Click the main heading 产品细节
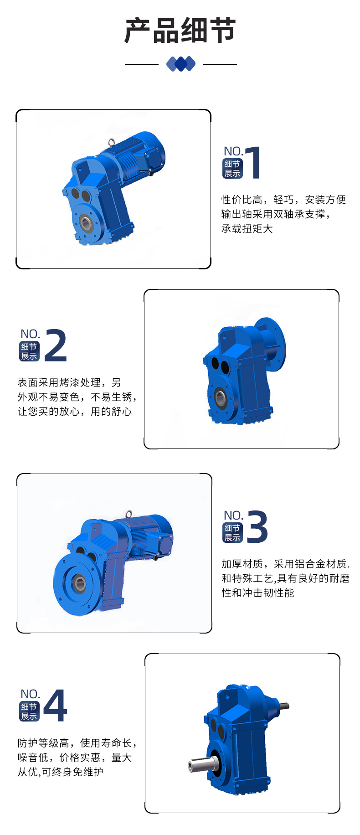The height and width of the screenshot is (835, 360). click(x=180, y=31)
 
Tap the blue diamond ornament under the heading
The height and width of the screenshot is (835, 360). click(x=180, y=64)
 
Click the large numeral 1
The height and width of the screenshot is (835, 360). click(x=253, y=162)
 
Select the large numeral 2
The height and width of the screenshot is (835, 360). click(x=56, y=345)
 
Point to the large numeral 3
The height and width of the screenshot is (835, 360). click(x=257, y=527)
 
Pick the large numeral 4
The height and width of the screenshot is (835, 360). click(x=56, y=706)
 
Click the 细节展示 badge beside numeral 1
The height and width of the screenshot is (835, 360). click(x=232, y=169)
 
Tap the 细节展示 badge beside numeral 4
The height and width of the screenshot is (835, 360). click(x=30, y=711)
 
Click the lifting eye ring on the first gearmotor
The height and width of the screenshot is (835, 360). click(x=111, y=142)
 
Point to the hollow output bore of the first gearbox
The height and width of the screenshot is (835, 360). click(x=86, y=223)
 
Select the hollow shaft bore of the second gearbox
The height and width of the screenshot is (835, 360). click(x=220, y=397)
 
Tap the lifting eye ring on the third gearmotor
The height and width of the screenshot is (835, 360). click(x=129, y=514)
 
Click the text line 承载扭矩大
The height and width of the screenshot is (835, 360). click(x=247, y=229)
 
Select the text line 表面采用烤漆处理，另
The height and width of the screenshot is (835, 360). click(x=69, y=382)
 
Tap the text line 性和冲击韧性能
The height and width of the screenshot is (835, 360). click(x=258, y=593)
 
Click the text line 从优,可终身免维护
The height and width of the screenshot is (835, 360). click(x=61, y=772)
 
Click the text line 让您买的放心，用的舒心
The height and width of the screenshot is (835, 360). click(x=75, y=412)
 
